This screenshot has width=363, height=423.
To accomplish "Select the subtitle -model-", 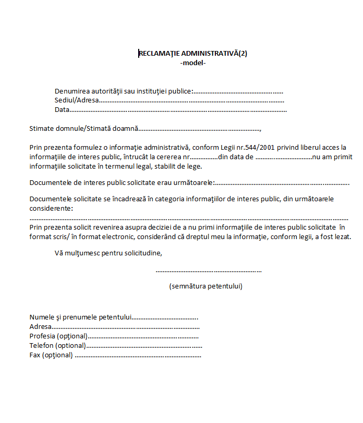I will coord(193,63).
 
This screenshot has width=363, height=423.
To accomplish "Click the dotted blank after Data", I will coord(178,110).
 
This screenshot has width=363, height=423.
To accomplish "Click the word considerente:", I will coord(51,209).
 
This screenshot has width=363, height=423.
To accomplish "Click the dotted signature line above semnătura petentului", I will coord(209,271).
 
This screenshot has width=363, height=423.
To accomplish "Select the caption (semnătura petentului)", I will coord(205,286).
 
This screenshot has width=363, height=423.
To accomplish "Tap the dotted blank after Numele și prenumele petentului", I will coord(164,318).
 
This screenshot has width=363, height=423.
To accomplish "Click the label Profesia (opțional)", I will coord(58,336).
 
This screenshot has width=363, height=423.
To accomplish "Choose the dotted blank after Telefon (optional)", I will coord(144,346).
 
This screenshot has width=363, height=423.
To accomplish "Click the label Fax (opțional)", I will coord(51,355).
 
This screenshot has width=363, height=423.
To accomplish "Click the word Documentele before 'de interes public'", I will coord(51,183).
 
